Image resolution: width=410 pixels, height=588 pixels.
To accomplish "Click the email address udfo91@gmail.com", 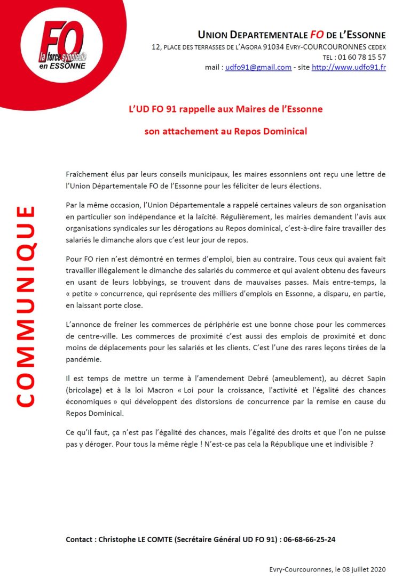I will [258, 68].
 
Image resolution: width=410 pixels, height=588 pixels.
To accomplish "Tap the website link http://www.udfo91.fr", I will [349, 68].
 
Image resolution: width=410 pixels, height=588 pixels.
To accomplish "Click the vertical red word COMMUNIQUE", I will [25, 306].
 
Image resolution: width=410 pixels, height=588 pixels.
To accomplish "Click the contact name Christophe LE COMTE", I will [133, 539].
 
